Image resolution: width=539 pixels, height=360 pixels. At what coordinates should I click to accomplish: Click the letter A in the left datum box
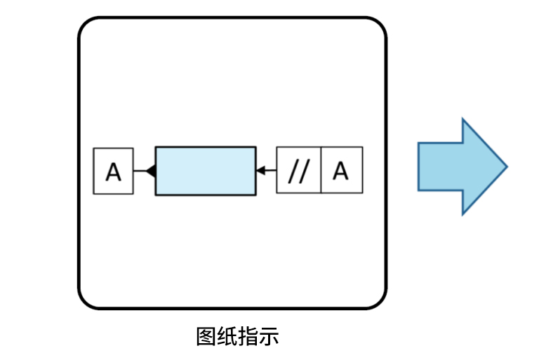[x=113, y=171]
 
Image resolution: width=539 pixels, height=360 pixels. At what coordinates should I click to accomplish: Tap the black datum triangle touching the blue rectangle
[x=150, y=171]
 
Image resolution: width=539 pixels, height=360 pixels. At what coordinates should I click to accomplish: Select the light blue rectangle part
[x=205, y=171]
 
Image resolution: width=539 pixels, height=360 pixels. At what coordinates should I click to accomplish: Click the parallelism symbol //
[x=299, y=171]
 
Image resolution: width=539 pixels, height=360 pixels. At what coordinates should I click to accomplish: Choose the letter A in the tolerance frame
[x=341, y=171]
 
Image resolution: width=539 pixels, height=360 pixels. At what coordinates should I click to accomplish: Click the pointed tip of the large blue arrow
[x=505, y=166]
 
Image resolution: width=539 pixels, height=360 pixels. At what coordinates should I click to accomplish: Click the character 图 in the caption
[x=206, y=336]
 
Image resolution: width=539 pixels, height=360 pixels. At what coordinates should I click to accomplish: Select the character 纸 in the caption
[x=227, y=336]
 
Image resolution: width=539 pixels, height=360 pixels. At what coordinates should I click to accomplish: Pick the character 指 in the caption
[x=248, y=336]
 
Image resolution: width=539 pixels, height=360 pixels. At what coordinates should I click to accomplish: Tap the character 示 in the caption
[x=269, y=336]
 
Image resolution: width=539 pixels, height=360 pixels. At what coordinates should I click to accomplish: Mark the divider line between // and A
[x=321, y=171]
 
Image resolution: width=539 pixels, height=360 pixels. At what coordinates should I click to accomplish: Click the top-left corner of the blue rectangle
[x=156, y=147]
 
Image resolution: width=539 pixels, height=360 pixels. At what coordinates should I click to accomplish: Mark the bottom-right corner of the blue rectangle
[x=255, y=194]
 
